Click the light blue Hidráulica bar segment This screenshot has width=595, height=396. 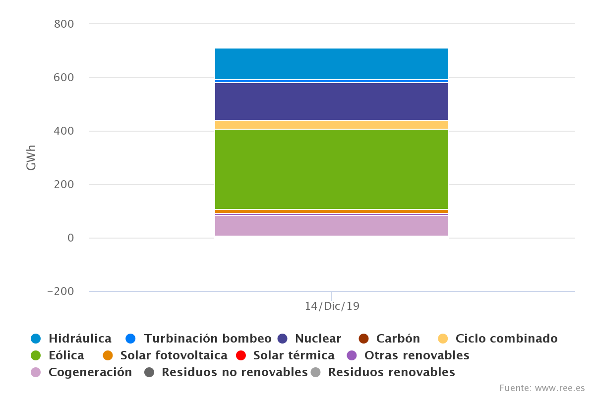tap(331, 63)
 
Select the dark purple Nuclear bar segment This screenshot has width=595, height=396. tap(331, 101)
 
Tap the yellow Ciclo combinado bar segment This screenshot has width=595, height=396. tap(331, 124)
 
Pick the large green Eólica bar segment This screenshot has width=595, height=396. tap(331, 169)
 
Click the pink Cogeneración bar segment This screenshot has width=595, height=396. tap(331, 226)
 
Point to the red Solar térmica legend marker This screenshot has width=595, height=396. tap(241, 355)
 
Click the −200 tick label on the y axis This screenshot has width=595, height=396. tap(60, 291)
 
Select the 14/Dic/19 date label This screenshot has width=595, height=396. tap(332, 306)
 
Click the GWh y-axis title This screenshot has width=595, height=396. tap(31, 158)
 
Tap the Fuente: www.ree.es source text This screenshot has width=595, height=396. tap(542, 388)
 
